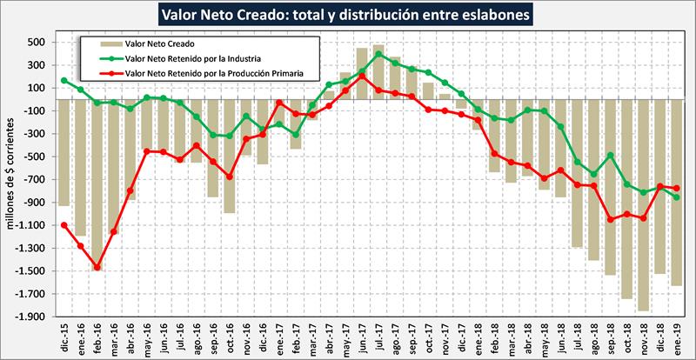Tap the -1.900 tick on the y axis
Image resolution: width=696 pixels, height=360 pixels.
click(30, 317)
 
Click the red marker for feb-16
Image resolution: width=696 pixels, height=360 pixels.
click(97, 267)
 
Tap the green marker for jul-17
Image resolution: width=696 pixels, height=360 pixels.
click(378, 54)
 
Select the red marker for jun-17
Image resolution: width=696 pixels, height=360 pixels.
click(362, 77)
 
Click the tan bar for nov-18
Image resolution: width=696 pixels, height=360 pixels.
click(643, 204)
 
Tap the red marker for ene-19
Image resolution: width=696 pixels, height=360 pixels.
click(676, 189)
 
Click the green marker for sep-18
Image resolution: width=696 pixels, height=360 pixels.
click(610, 156)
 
